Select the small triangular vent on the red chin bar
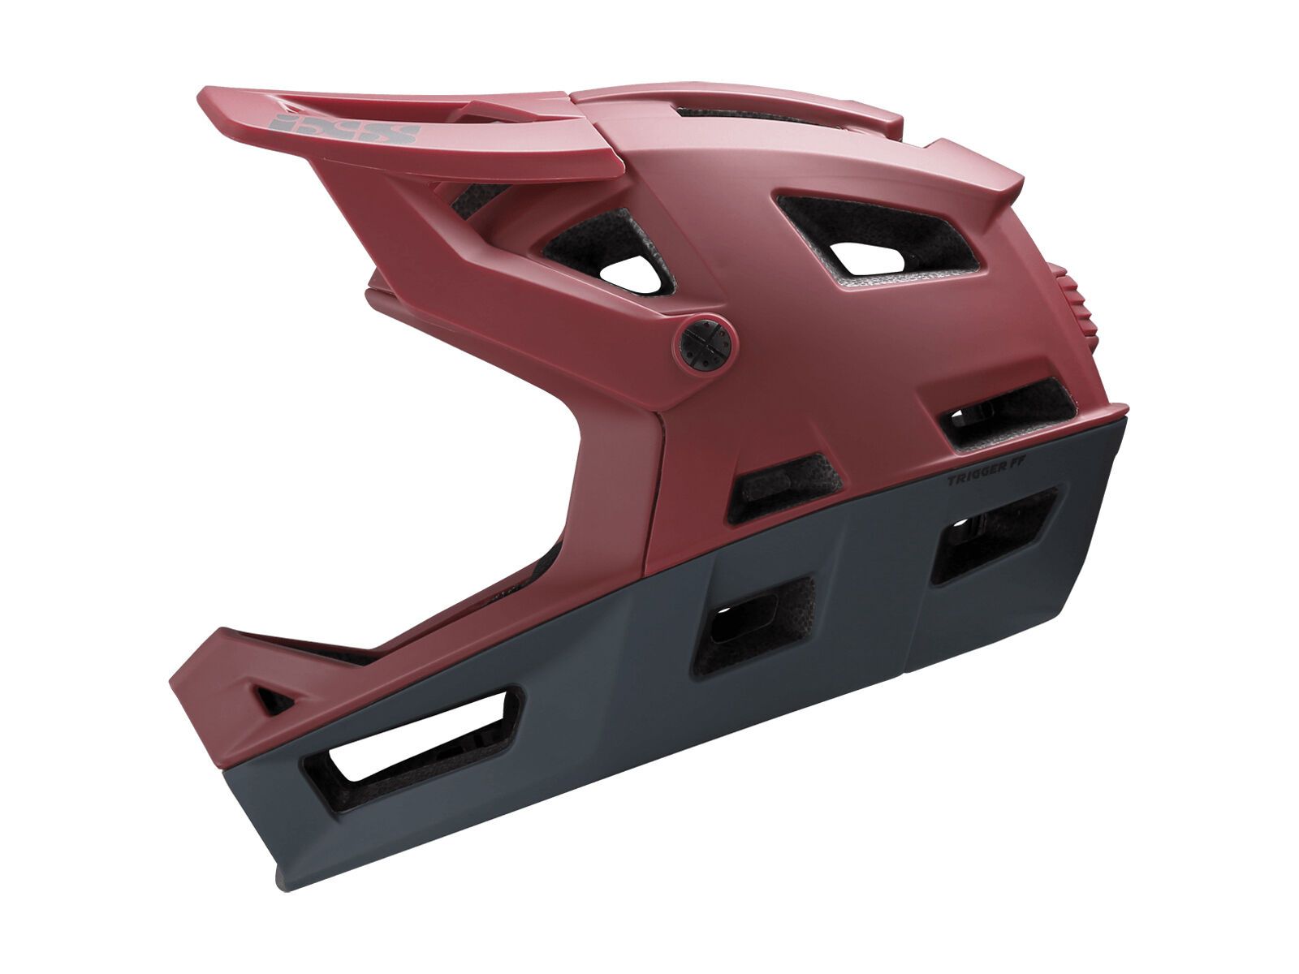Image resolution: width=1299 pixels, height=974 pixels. (x=271, y=696)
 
